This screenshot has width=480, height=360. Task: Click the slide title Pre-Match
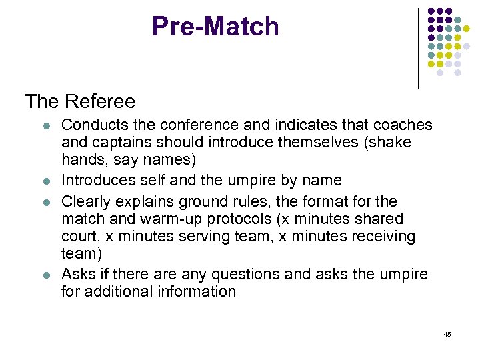215,27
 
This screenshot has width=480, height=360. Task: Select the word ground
199,201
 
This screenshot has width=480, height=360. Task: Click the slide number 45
447,334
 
